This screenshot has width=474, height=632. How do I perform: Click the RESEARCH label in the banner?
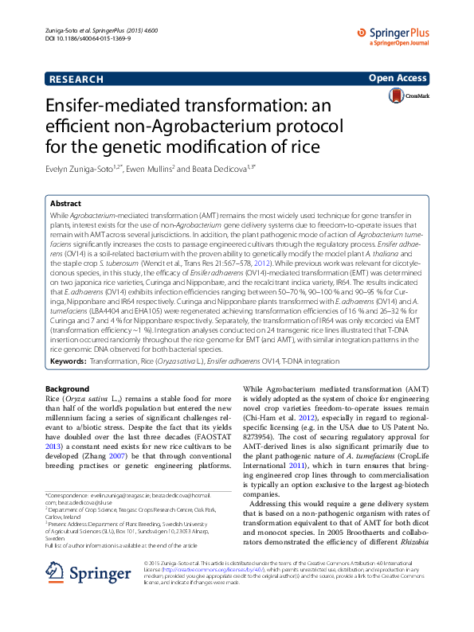(x=76, y=80)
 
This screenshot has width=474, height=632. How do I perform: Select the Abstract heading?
(x=65, y=204)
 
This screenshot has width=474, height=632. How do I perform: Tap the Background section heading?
(x=68, y=388)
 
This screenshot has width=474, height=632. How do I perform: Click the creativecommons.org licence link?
(x=225, y=592)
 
